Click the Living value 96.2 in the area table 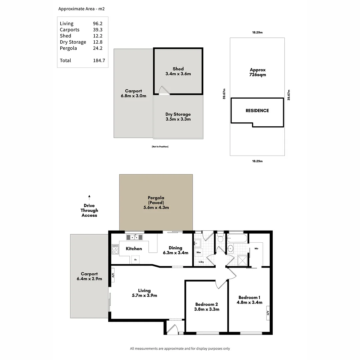click(x=98, y=24)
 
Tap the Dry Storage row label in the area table click(x=73, y=42)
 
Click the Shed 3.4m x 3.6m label click(x=178, y=71)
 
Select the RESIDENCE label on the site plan click(x=257, y=111)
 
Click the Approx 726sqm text click(x=258, y=72)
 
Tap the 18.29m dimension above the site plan click(x=257, y=33)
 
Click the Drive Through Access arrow click(x=89, y=197)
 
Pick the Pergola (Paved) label click(x=156, y=202)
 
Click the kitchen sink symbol click(x=134, y=237)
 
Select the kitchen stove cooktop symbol click(x=115, y=249)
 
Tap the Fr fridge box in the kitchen click(x=135, y=259)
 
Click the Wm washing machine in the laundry click(x=198, y=252)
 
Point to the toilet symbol click(x=220, y=239)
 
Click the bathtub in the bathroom click(x=237, y=239)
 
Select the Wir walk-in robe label click(x=256, y=248)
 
